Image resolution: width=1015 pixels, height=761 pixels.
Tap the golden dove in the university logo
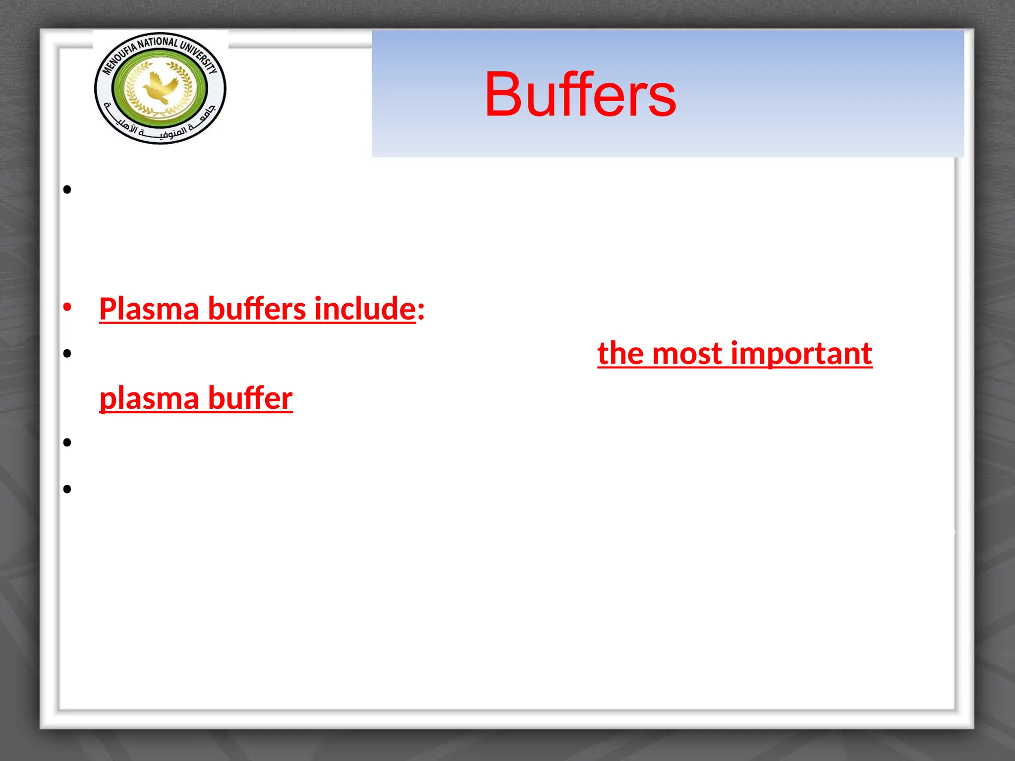coord(160,88)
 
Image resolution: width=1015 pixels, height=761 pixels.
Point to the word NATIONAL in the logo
coord(157,43)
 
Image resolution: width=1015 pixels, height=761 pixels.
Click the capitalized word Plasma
coord(149,309)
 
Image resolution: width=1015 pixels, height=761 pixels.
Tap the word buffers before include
coord(256,309)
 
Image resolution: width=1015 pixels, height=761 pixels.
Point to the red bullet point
coord(67,307)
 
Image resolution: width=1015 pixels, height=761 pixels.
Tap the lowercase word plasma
coord(149,399)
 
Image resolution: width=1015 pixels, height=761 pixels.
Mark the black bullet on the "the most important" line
coord(67,353)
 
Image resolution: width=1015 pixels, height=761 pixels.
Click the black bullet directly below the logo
coord(67,189)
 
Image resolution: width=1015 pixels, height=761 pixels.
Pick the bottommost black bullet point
coord(67,489)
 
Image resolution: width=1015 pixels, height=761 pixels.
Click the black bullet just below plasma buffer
coord(67,442)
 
